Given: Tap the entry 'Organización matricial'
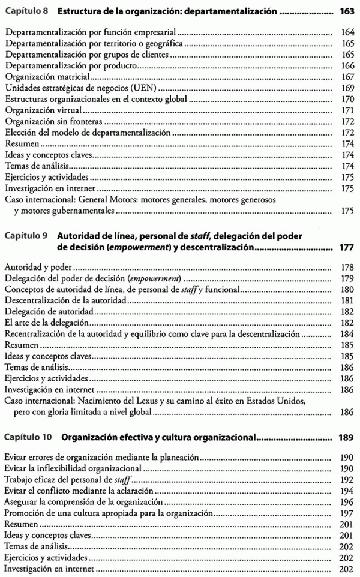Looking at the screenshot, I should coord(47,77).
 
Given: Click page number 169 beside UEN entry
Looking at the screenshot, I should coord(346,88).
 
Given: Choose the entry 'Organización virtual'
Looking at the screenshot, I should coord(43,111).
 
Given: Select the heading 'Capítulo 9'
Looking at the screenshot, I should coord(26,236).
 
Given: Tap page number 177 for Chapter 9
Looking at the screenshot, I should coord(346,247).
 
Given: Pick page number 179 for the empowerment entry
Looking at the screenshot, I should coord(346,279).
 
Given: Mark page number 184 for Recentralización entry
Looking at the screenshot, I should coord(346,334).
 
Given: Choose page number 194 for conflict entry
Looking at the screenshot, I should coord(346,491).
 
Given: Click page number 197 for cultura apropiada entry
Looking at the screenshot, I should coord(346,513).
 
